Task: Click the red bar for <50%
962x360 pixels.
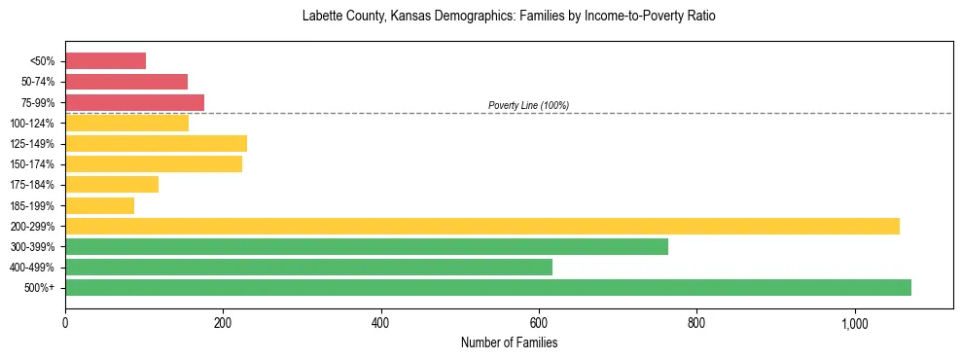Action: click(x=105, y=61)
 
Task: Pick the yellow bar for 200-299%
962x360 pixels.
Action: click(x=481, y=226)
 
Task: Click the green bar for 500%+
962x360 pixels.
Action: click(x=487, y=287)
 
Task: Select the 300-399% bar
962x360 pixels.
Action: click(x=366, y=246)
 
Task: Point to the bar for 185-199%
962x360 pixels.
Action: click(x=99, y=205)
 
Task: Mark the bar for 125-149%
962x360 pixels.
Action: click(x=156, y=144)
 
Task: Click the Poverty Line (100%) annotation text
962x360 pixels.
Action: click(x=528, y=105)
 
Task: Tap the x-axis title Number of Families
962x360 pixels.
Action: click(x=509, y=342)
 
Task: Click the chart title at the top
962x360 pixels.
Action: click(x=509, y=17)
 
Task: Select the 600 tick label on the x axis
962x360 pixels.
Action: click(x=539, y=323)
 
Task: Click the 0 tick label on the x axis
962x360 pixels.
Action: click(x=65, y=323)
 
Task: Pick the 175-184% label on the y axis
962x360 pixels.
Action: click(x=31, y=185)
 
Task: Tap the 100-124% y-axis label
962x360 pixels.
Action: click(x=31, y=124)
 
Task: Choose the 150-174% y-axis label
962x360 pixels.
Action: click(x=31, y=164)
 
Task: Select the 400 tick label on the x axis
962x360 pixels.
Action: click(x=380, y=323)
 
